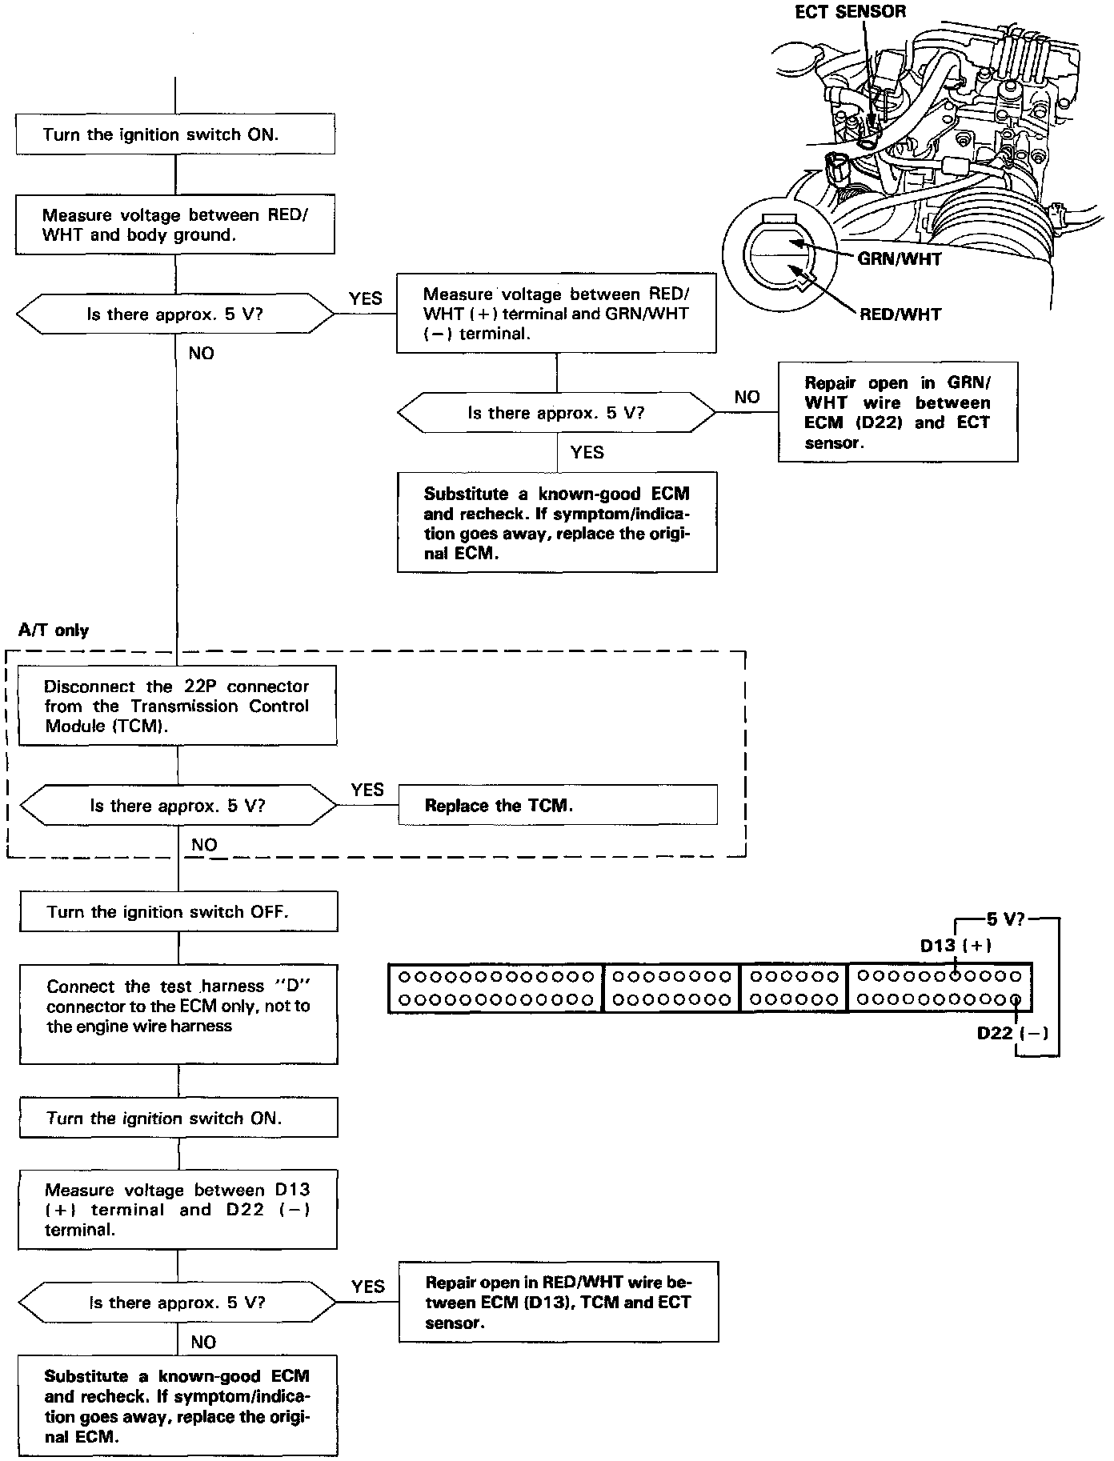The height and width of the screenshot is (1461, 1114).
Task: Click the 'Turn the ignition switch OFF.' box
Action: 178,912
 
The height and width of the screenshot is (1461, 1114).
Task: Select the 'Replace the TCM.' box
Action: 557,805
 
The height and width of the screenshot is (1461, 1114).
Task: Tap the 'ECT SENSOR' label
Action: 850,12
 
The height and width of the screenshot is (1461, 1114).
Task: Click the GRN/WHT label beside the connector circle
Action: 899,258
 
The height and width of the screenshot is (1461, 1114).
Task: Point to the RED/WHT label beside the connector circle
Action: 900,314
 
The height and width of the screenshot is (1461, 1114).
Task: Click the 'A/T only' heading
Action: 54,630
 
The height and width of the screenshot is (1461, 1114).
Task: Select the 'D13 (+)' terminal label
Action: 956,946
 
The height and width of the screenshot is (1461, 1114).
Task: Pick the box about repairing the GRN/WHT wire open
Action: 897,412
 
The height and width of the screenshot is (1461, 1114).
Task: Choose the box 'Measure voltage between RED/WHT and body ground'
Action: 174,225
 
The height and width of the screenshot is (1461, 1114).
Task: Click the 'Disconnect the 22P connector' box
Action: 177,706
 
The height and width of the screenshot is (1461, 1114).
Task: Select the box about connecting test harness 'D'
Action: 178,1015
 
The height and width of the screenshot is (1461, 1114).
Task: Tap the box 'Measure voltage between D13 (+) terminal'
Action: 177,1210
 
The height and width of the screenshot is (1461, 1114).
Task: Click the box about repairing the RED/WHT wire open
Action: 558,1302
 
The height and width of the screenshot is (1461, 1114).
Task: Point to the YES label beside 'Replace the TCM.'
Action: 367,791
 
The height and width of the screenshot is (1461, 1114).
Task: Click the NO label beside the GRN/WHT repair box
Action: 747,397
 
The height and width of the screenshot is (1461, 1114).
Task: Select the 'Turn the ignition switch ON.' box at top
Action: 174,134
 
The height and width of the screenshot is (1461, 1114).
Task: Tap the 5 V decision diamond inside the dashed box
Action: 178,806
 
